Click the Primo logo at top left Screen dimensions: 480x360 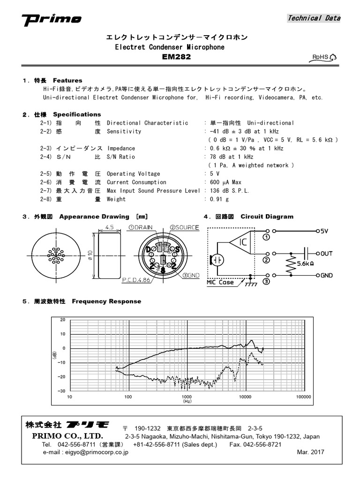pos(52,19)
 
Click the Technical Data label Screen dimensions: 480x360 pos(314,18)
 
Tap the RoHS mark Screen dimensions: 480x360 pos(324,57)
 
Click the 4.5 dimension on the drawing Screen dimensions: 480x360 pos(109,227)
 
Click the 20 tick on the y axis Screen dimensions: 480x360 pos(63,320)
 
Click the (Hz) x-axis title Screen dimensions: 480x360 pos(187,402)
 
